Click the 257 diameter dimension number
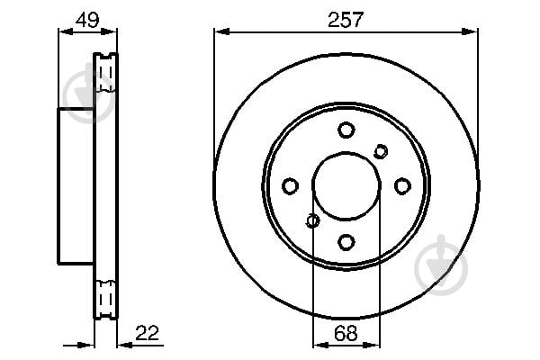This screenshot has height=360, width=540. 346,19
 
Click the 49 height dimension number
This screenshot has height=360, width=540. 87,20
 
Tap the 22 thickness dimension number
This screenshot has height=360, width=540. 147,333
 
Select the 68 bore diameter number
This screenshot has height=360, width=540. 346,333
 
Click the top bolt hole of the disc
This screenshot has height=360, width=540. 346,130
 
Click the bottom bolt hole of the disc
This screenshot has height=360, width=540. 346,242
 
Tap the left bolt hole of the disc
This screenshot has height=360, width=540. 290,186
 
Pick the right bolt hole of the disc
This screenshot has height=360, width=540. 402,186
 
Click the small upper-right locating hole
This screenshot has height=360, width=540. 381,151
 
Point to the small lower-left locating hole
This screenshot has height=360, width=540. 312,220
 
